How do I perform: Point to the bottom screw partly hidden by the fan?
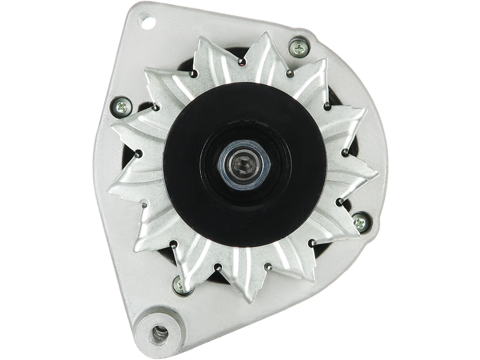coord(178,283)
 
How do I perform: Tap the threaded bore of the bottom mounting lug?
coord(160,331)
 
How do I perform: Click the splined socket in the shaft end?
coord(241,161)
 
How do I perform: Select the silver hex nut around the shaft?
coord(241,161)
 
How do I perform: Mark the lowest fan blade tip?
coord(242,304)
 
